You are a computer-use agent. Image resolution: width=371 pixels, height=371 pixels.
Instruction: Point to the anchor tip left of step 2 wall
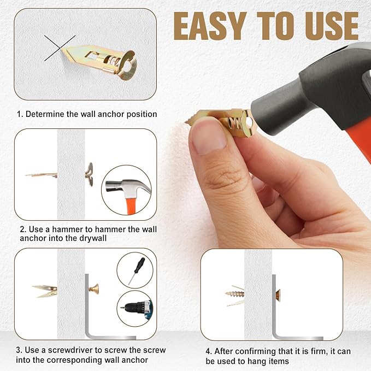[41, 175]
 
